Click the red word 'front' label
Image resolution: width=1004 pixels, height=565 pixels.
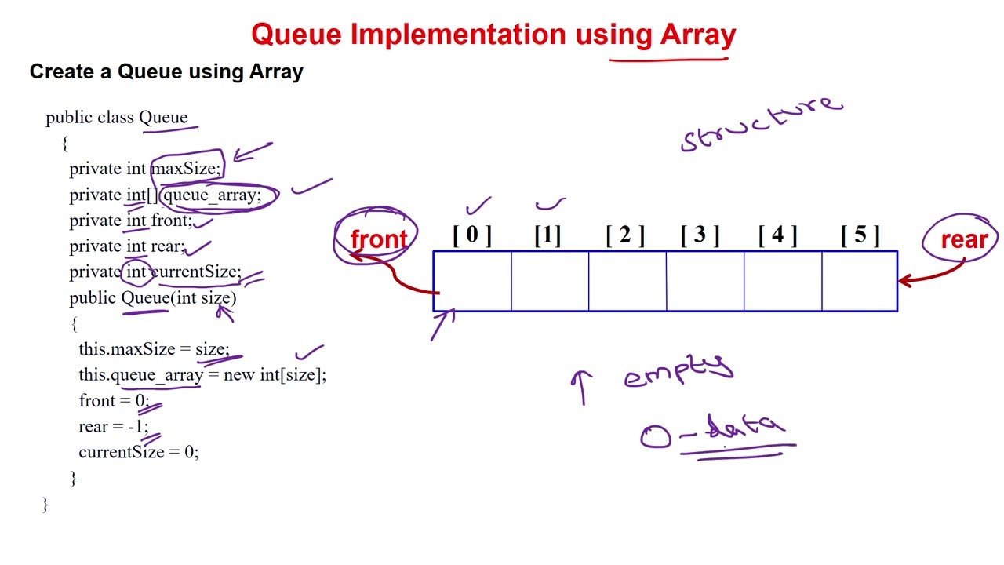pos(379,239)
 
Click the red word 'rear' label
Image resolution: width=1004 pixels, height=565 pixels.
pos(964,239)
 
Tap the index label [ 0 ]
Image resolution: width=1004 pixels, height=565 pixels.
pos(472,235)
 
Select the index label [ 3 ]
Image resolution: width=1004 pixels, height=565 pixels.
pos(700,235)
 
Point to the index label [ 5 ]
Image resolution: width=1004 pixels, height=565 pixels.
pos(860,235)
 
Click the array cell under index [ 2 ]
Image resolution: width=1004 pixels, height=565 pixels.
pos(627,281)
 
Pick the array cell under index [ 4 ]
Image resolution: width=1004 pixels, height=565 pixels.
pos(782,281)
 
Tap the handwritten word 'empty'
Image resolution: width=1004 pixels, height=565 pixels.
pos(678,370)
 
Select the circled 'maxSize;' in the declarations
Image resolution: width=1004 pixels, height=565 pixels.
pos(186,169)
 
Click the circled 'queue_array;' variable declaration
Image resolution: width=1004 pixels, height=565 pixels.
pos(212,195)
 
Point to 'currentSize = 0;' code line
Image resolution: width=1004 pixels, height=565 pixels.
pos(139,452)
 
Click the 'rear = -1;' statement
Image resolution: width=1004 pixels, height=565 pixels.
pos(113,426)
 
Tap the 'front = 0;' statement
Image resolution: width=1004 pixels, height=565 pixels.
pos(113,400)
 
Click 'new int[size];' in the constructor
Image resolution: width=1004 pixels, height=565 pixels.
pos(275,374)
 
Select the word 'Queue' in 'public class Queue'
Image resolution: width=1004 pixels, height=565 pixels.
pos(163,118)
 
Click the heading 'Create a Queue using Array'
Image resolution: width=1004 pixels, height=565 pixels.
pos(166,72)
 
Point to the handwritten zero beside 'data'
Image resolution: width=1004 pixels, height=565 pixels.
pos(656,437)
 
